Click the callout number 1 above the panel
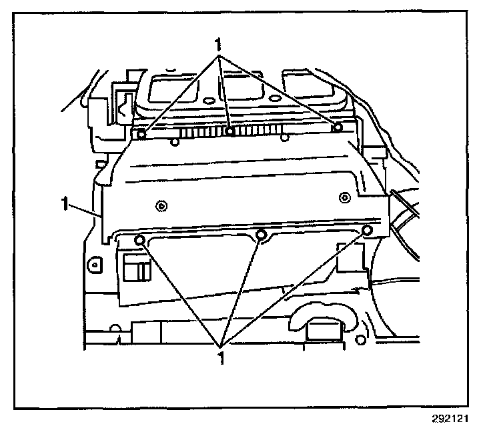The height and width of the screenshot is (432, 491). (x=217, y=44)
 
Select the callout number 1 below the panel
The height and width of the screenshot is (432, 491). (x=220, y=357)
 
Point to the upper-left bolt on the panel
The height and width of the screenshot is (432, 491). (x=142, y=133)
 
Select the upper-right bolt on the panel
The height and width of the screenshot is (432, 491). (x=338, y=127)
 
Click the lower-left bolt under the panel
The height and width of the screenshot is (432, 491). (x=139, y=239)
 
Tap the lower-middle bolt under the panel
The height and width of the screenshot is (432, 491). (x=262, y=235)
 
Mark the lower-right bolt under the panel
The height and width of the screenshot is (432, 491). (x=366, y=231)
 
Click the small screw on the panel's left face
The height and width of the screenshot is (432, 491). (x=160, y=204)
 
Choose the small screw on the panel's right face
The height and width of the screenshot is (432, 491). (x=344, y=196)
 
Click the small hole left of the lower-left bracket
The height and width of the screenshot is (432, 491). (x=95, y=265)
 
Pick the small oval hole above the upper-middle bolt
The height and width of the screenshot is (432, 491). (x=209, y=101)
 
